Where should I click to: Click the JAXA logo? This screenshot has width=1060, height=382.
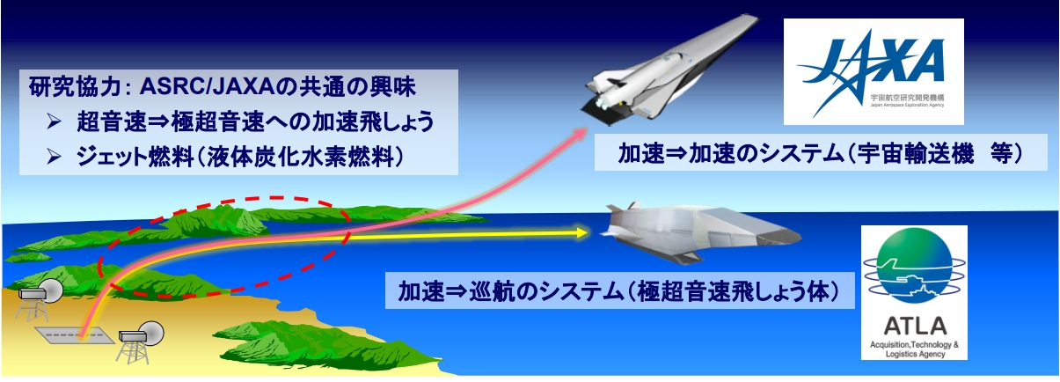874,71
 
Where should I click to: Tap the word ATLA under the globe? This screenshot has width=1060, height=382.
915,325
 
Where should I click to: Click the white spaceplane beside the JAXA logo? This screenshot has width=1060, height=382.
669,71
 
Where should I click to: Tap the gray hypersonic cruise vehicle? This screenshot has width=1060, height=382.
700,232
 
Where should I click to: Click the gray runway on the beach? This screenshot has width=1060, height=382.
75,335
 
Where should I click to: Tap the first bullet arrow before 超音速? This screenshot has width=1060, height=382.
54,122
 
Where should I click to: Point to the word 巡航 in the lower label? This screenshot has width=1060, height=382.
492,291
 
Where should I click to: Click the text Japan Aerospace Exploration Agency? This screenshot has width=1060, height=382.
907,105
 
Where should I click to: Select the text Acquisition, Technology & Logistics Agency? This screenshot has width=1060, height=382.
914,349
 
